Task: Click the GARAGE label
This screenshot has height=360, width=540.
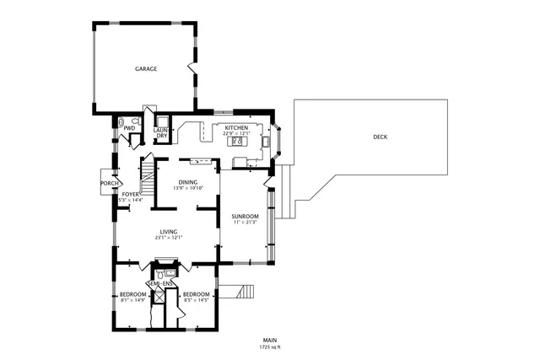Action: point(146,69)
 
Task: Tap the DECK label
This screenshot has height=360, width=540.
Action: point(381,137)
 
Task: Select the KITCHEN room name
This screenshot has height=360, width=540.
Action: point(235,127)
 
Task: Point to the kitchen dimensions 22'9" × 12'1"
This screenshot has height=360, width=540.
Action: point(235,133)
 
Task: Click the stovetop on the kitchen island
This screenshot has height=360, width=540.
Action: point(238,142)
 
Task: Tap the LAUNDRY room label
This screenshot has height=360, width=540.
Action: point(161,132)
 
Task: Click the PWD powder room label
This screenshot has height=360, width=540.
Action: point(129,128)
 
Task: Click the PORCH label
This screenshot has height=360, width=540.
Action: point(109,183)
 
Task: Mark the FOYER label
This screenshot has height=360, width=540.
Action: point(131,194)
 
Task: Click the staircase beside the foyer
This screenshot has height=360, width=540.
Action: point(148,178)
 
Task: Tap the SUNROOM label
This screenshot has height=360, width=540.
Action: point(244,217)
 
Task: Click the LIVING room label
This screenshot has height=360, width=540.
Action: point(169,232)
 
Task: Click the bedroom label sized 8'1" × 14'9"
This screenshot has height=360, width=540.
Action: point(133,294)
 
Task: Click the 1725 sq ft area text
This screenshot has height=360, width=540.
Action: point(269,347)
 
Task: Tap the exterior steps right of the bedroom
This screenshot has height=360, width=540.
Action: point(244,292)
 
